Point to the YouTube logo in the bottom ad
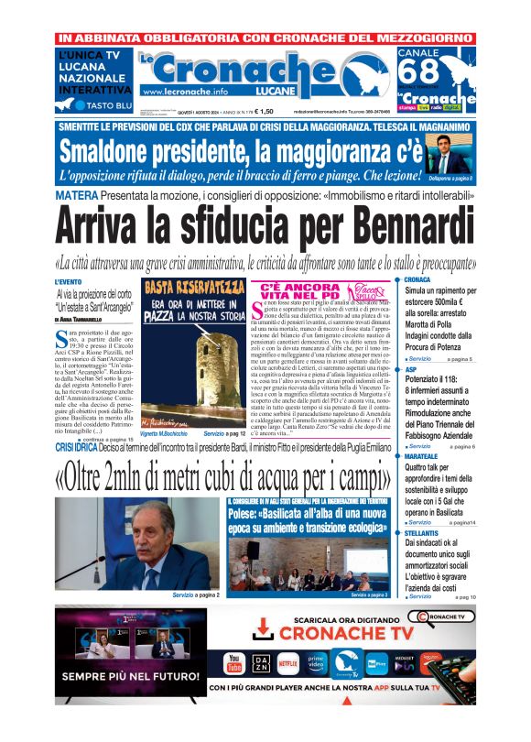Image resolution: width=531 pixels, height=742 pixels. (x=234, y=662)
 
